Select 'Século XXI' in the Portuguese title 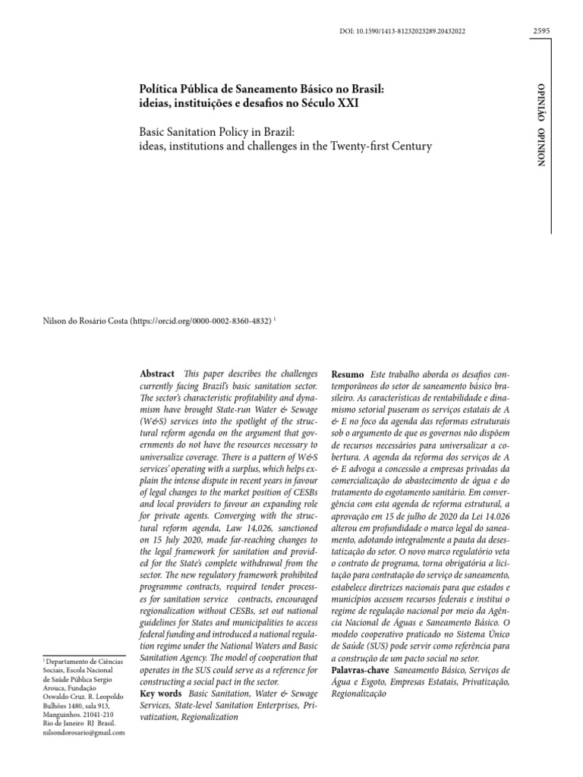click(332, 102)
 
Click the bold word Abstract click(157, 375)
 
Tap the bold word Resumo click(348, 376)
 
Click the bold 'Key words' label click(161, 694)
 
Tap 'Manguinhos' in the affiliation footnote click(56, 715)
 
